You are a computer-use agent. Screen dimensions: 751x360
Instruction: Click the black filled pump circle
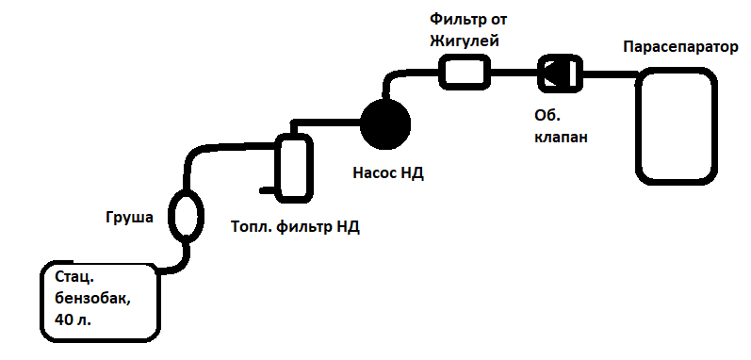point(385,124)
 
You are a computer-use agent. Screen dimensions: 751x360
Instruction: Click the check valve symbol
point(560,73)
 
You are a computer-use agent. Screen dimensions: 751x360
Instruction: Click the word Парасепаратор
point(680,48)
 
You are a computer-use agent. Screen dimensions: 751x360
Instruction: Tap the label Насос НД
point(388,172)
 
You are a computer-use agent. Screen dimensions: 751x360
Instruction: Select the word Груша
point(129,218)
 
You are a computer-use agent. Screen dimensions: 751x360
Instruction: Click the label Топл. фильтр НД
point(295,226)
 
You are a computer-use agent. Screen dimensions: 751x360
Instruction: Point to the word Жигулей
point(465,42)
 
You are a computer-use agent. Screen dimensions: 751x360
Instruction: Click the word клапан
point(561,138)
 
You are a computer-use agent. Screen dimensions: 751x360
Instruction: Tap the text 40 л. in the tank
point(73,319)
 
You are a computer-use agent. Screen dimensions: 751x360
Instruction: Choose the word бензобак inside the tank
point(92,299)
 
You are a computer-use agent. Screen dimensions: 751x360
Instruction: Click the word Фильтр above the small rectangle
point(454,20)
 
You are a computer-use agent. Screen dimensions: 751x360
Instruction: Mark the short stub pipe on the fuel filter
point(268,190)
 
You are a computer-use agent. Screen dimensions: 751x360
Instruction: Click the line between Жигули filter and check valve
point(514,73)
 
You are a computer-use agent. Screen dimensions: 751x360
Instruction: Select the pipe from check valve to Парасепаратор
point(610,74)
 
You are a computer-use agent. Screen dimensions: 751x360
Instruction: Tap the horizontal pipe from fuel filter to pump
point(327,123)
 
